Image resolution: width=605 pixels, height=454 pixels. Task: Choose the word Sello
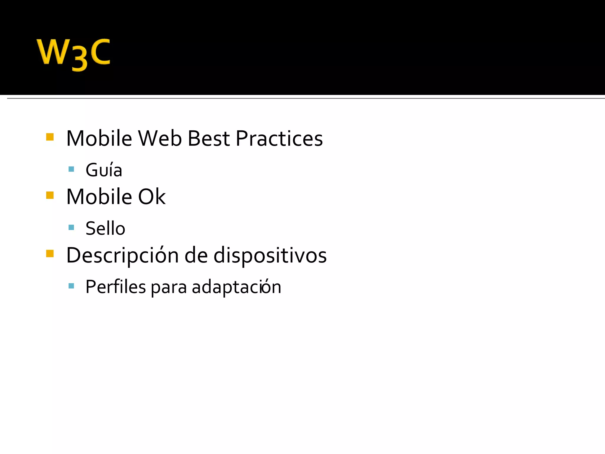coord(105,228)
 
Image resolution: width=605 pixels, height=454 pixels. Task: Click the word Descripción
coord(123,255)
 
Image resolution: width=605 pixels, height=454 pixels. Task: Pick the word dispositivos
coord(270,255)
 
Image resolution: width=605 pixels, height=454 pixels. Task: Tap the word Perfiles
coord(116,287)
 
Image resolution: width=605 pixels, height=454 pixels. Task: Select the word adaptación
coord(236,287)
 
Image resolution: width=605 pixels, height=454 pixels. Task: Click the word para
coord(169,287)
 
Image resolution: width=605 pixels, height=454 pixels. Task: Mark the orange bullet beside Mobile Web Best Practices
coord(50,137)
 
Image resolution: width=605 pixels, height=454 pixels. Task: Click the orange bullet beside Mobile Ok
coord(50,195)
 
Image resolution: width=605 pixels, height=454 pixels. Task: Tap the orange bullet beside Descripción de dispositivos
coord(50,254)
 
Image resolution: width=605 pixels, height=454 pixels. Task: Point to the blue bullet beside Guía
coord(71,169)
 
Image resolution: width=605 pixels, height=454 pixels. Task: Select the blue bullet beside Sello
coord(71,227)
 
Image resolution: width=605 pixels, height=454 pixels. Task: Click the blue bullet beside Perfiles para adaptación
coord(71,286)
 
